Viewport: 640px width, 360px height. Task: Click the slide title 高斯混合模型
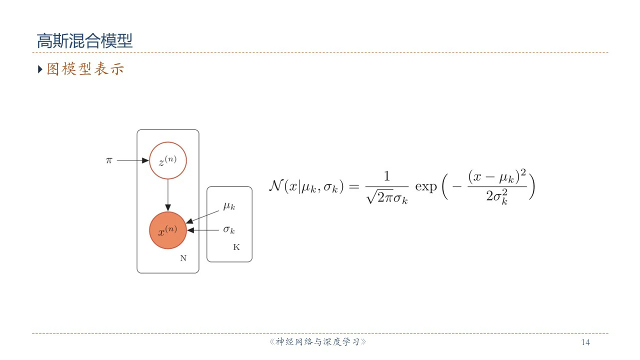84,40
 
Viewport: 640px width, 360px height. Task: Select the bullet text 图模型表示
85,69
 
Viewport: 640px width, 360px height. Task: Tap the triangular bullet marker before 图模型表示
40,69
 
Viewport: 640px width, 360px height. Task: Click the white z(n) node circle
168,161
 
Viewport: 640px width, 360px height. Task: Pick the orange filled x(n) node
168,230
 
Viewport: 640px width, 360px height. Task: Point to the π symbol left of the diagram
109,160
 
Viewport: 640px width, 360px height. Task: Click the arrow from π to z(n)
133,161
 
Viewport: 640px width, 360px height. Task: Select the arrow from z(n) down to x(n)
168,194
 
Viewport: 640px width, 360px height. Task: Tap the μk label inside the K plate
229,206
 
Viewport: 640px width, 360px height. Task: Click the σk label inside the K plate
229,230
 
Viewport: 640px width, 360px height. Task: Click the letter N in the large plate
183,258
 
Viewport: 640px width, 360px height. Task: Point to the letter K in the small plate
236,247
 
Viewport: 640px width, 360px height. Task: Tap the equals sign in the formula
354,187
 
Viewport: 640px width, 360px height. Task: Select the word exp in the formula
426,187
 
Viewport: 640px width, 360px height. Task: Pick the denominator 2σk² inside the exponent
496,197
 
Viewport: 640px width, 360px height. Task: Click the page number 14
585,342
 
